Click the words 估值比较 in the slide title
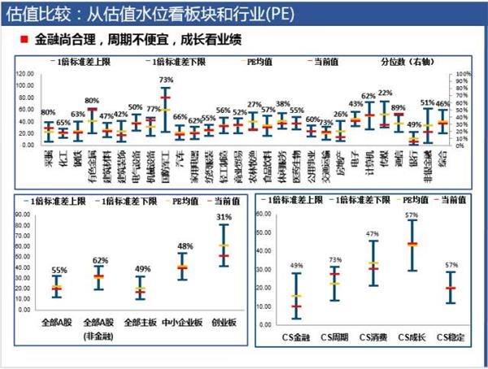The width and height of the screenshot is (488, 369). [x=36, y=13]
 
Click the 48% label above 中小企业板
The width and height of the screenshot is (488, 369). [x=185, y=245]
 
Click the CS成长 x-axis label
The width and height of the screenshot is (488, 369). [x=412, y=336]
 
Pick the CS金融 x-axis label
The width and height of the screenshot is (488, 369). [x=296, y=336]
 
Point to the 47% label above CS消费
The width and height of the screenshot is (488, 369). [x=373, y=233]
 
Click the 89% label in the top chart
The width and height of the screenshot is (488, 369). [x=398, y=107]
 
